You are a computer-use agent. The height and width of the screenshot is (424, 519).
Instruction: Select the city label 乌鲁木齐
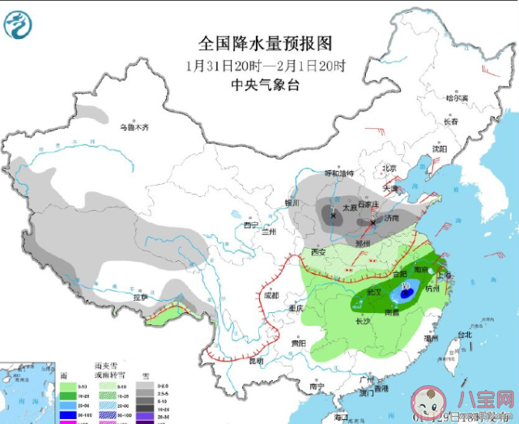pyautogui.click(x=135, y=126)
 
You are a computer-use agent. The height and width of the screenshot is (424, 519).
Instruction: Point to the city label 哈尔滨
pyautogui.click(x=457, y=97)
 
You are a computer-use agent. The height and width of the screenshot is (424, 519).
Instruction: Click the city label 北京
pyautogui.click(x=389, y=169)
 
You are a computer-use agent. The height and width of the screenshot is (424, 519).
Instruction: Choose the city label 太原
pyautogui.click(x=350, y=208)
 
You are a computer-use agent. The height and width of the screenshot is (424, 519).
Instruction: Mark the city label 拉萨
pyautogui.click(x=142, y=298)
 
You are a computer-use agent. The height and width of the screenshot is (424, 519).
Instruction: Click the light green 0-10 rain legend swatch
pyautogui.click(x=69, y=388)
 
